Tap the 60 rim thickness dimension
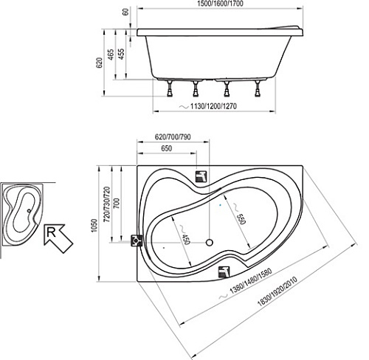click(x=125, y=12)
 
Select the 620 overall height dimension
click(x=99, y=63)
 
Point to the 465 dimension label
click(x=111, y=55)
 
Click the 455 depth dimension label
click(x=121, y=54)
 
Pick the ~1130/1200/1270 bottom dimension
click(x=208, y=106)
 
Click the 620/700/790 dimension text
click(x=173, y=137)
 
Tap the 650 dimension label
click(x=167, y=148)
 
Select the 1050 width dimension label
click(x=94, y=226)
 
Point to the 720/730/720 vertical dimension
click(x=107, y=204)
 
